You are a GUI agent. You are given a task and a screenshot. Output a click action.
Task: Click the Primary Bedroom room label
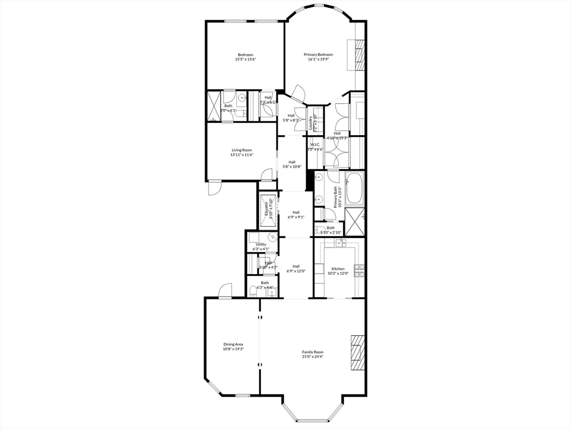tap(318, 55)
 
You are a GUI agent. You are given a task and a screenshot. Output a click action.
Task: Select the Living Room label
tap(242, 150)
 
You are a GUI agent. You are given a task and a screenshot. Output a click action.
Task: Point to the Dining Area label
tap(233, 344)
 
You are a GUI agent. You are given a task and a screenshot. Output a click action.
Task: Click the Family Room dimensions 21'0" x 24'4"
tap(312, 356)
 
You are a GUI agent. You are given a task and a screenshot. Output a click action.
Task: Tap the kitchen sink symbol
tap(341, 242)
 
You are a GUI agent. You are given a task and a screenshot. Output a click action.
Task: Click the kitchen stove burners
tap(361, 271)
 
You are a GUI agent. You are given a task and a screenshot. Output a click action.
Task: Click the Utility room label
tap(261, 245)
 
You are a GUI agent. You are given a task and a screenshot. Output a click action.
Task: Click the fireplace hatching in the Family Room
tap(357, 352)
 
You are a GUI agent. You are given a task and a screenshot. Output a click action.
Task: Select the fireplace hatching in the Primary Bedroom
tap(360, 55)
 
